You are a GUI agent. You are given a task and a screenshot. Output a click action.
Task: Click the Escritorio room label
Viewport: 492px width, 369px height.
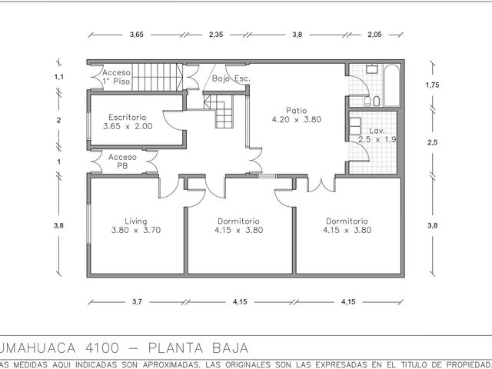coord(128,118)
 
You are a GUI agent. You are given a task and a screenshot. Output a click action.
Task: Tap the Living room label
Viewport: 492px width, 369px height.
coord(136,221)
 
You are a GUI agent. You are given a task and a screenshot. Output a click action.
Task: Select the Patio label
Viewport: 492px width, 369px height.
coord(297,111)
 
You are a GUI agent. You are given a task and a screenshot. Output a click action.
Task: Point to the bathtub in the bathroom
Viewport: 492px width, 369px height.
coord(391,85)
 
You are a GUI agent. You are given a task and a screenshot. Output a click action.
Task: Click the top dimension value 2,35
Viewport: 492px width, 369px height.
coord(216,35)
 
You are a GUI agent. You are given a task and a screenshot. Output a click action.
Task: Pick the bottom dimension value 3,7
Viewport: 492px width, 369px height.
coord(137,302)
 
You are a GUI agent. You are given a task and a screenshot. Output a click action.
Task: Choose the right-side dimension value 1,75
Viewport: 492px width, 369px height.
coord(432,85)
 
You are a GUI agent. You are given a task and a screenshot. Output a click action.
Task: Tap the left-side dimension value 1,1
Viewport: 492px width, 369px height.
coord(59,77)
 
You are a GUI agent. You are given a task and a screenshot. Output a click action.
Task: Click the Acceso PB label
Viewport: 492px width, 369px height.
coord(122,161)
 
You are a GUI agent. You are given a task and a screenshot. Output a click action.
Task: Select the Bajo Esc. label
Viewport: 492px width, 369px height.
coord(231,78)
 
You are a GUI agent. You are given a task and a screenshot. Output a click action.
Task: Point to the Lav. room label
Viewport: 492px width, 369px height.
coord(377,131)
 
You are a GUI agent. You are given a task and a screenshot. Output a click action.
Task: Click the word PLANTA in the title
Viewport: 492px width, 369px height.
coord(176,348)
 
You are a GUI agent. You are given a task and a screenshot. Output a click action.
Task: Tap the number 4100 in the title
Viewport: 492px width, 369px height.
coord(102,348)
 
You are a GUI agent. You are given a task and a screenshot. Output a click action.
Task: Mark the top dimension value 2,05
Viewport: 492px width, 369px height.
coord(374,35)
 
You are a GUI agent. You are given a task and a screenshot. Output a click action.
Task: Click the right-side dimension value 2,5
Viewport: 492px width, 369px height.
coord(432,142)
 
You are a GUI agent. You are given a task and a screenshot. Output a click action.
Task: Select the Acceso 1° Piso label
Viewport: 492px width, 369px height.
coord(116,77)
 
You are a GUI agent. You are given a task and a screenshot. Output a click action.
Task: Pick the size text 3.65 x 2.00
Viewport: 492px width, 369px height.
coord(128,126)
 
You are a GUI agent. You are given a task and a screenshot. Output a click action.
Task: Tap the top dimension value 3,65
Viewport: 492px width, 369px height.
coord(137,35)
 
